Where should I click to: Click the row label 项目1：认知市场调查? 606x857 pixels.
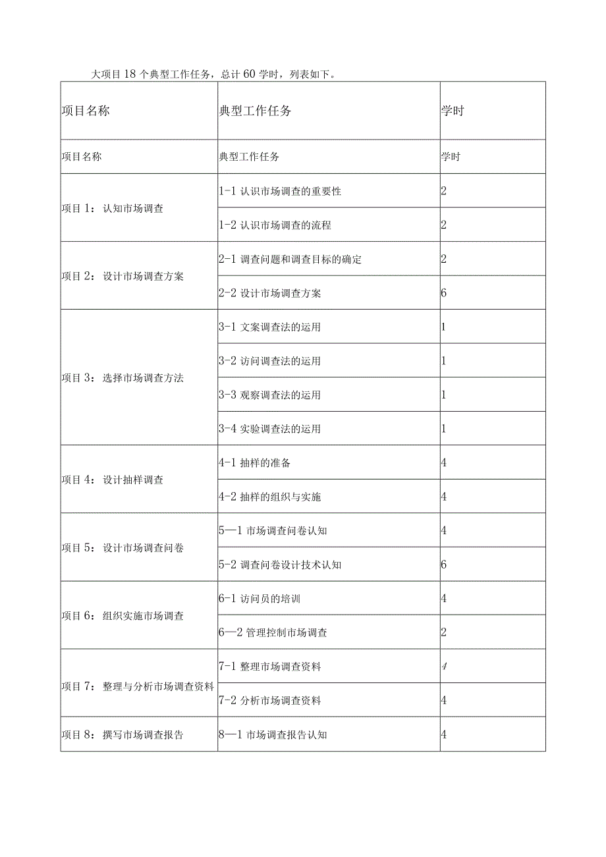113,209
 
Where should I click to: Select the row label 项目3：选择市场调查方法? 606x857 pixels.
123,378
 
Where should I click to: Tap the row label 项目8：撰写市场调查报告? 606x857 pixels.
123,735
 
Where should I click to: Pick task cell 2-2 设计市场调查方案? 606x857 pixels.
270,293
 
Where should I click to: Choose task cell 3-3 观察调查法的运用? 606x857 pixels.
270,395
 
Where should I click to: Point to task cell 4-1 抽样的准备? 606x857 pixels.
255,463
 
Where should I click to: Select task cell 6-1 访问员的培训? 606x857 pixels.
260,599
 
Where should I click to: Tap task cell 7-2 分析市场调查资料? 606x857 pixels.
270,701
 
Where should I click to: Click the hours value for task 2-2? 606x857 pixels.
444,293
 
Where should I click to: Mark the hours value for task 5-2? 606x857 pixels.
444,565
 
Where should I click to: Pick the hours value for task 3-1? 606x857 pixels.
444,327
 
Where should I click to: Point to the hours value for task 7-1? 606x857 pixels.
444,667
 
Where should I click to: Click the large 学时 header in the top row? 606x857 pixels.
453,111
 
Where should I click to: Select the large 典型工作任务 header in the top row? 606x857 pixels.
255,111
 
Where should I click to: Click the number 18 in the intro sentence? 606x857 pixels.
129,74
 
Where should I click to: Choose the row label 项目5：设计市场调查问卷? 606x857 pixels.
123,548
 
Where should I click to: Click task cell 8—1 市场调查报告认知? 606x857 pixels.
273,735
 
